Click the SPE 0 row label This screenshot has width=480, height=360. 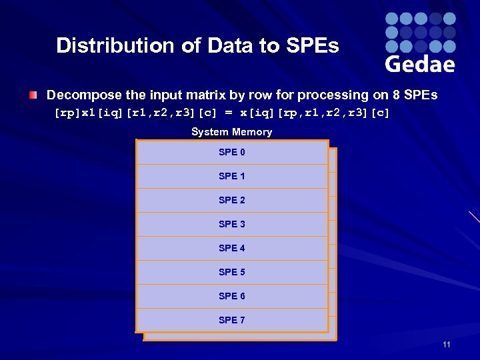(x=231, y=153)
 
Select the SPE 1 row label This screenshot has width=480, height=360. (x=231, y=177)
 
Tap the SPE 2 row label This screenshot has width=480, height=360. (x=231, y=201)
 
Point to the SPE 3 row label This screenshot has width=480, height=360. (x=231, y=225)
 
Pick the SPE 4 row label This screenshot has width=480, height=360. (x=231, y=249)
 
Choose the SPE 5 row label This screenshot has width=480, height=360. (x=231, y=273)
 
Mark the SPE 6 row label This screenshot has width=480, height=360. (x=231, y=297)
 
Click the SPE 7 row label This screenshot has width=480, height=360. (x=231, y=321)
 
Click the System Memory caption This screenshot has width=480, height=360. (x=231, y=132)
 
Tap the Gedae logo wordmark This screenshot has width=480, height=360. (x=420, y=63)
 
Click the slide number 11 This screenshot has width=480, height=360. (x=446, y=345)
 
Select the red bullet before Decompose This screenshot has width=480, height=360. (x=33, y=95)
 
